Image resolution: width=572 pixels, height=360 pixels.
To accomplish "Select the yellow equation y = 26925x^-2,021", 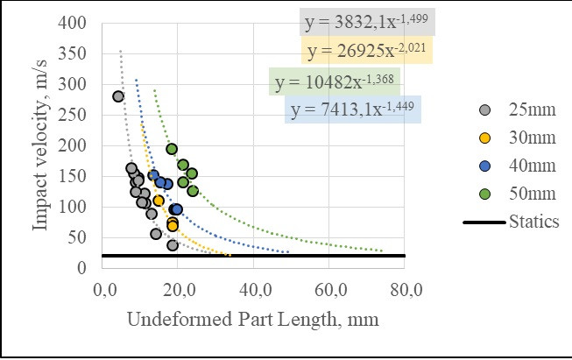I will (x=365, y=51).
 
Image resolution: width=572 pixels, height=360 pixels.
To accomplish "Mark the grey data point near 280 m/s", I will (x=118, y=96).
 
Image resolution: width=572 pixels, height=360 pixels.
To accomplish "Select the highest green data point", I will (x=172, y=149).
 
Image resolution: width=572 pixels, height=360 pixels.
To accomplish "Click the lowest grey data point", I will (x=173, y=245).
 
